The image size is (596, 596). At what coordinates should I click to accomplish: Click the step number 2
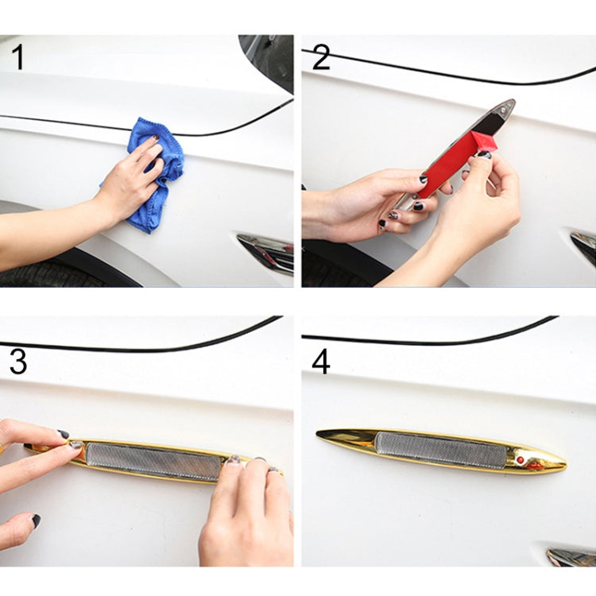point(320,59)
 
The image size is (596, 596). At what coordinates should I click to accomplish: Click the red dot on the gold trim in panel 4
point(520,460)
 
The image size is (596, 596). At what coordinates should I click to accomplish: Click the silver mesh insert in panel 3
point(151,461)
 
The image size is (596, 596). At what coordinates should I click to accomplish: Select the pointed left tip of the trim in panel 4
point(321,434)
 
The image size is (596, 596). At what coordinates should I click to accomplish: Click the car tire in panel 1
point(48,275)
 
